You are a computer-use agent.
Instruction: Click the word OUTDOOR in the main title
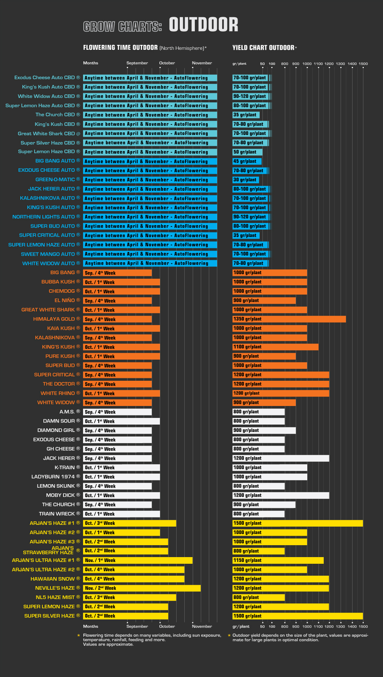click(203, 25)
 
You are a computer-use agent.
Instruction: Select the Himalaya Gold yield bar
click(289, 319)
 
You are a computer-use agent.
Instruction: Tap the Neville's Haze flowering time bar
click(142, 588)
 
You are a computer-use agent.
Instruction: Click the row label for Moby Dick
click(61, 495)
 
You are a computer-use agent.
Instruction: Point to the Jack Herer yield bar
click(281, 458)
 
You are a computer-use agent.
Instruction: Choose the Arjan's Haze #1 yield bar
click(297, 523)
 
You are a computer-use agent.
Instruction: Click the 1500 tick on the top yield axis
click(363, 64)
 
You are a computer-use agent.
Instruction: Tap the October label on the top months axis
click(167, 63)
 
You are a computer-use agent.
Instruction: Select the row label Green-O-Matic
click(55, 180)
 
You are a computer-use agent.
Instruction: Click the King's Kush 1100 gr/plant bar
click(275, 347)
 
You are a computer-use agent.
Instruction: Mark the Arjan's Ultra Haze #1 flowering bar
click(138, 560)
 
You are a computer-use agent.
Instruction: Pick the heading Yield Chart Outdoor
click(263, 48)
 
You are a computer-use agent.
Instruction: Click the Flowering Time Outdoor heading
click(120, 48)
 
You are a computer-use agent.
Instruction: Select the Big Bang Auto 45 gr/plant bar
click(247, 161)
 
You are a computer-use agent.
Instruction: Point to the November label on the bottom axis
click(202, 626)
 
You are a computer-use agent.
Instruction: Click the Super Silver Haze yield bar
click(297, 616)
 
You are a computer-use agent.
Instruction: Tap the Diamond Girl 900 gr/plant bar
click(264, 430)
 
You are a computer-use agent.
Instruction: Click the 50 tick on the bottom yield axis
click(262, 626)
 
